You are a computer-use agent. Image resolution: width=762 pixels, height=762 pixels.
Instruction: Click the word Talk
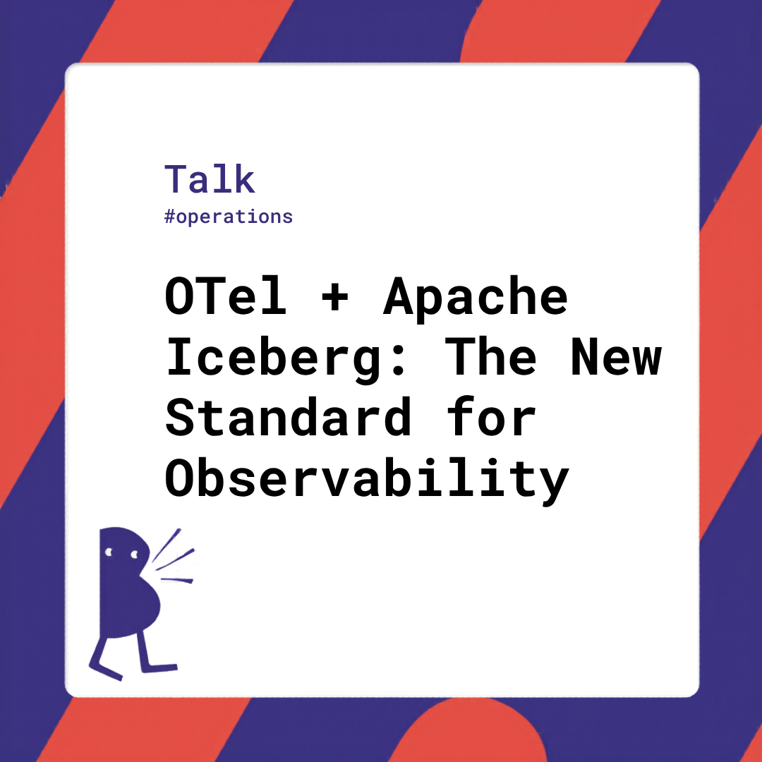pos(210,179)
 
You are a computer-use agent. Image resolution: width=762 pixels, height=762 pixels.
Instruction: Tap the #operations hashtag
pos(229,217)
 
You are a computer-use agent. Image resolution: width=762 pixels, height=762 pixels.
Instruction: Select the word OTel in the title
pos(226,296)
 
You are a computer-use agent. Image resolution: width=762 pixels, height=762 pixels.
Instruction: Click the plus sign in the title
pos(335,297)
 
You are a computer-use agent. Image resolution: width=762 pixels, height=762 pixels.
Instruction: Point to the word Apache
pos(476,298)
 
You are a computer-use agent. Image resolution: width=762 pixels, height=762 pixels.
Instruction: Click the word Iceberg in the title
pos(273,359)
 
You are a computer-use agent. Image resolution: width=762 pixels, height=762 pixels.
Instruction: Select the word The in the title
pos(491,356)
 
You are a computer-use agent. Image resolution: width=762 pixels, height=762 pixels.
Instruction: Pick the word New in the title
pos(616,357)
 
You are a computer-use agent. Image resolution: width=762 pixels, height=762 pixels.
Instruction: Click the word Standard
pos(289,417)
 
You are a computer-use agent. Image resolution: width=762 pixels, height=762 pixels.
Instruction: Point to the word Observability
pos(367,480)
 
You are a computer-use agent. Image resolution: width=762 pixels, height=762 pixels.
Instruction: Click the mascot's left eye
pos(109,552)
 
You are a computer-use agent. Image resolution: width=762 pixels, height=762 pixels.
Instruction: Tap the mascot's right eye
pos(134,555)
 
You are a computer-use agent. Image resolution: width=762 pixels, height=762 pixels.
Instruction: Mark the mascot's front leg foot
pos(160,668)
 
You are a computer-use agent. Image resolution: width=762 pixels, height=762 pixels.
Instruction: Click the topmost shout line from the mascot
pos(166,545)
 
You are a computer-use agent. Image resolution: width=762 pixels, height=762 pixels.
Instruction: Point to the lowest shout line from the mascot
pos(176,580)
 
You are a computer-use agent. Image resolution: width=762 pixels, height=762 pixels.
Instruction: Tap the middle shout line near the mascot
pos(175,560)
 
